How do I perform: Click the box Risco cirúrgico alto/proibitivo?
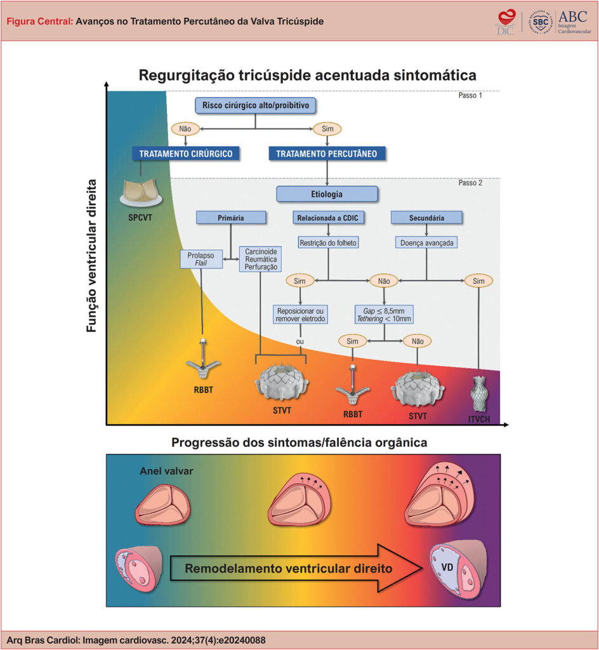(254, 105)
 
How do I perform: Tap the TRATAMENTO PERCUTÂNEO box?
(327, 153)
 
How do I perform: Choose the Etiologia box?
(327, 193)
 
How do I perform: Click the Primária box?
(230, 218)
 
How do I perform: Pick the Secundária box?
(426, 218)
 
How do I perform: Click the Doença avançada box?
(426, 242)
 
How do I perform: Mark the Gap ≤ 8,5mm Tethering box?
(384, 314)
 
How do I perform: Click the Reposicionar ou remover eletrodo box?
(301, 315)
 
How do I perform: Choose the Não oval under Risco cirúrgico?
(185, 128)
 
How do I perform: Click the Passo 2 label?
(470, 183)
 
